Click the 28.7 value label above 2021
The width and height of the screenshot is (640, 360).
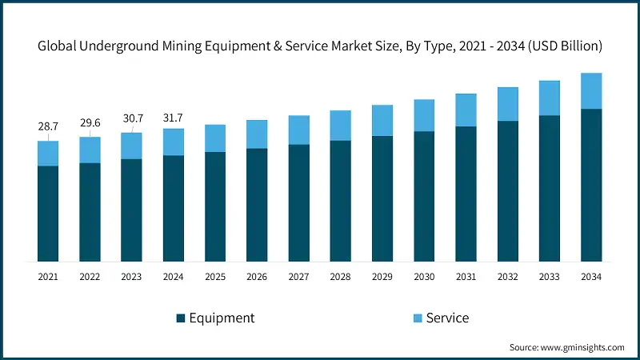48,127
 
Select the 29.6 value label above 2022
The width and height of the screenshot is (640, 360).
90,123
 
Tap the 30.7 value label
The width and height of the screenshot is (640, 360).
131,118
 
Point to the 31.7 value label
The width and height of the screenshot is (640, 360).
173,114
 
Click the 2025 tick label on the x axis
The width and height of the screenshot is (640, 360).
215,276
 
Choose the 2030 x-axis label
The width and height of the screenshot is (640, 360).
424,276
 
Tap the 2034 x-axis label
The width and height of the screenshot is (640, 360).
591,276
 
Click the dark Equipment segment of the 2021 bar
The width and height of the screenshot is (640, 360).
48,213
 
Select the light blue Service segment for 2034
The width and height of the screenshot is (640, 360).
591,90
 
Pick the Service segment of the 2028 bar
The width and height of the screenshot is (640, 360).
341,126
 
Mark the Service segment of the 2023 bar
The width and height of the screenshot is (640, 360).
131,146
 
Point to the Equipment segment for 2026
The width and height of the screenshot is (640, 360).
257,205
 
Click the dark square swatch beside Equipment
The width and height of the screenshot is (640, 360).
181,318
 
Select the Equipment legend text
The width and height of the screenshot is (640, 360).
222,318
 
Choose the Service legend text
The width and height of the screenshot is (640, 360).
447,318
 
